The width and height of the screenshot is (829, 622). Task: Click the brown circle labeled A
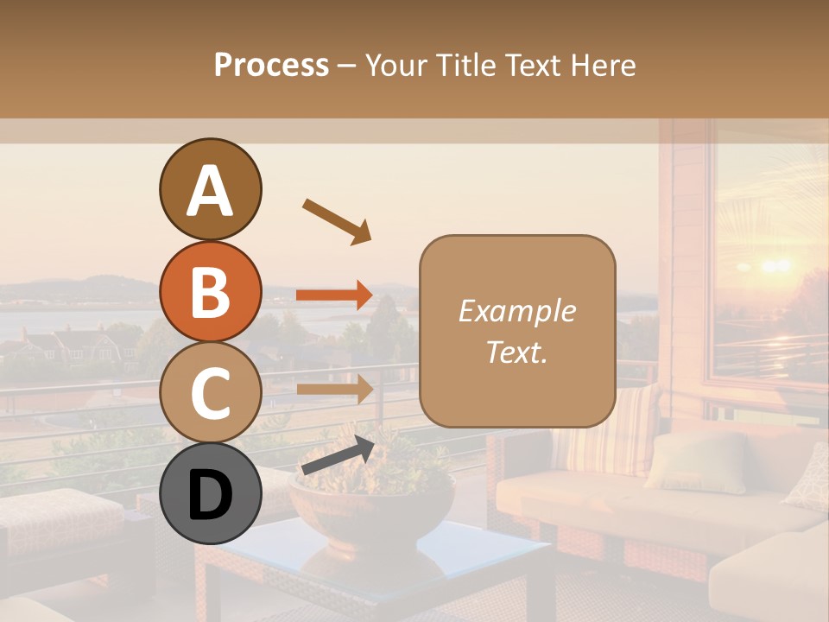pos(210,190)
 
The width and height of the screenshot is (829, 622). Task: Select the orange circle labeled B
pos(210,291)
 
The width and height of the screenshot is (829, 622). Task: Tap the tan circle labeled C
pos(210,393)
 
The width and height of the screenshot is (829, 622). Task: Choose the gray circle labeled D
pos(210,494)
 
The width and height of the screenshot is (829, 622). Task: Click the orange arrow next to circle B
pos(334,295)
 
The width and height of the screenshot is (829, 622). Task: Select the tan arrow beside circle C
pos(334,388)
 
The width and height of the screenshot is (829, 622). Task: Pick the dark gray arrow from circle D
pos(338,455)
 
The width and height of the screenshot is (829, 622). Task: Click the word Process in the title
pos(271,66)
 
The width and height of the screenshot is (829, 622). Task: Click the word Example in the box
pos(516,311)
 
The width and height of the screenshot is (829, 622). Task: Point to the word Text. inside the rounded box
pos(516,352)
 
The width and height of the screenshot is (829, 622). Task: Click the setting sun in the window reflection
pos(774,264)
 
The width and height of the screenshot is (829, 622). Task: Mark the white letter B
pos(210,291)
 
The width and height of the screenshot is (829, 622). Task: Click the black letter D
pos(210,495)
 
